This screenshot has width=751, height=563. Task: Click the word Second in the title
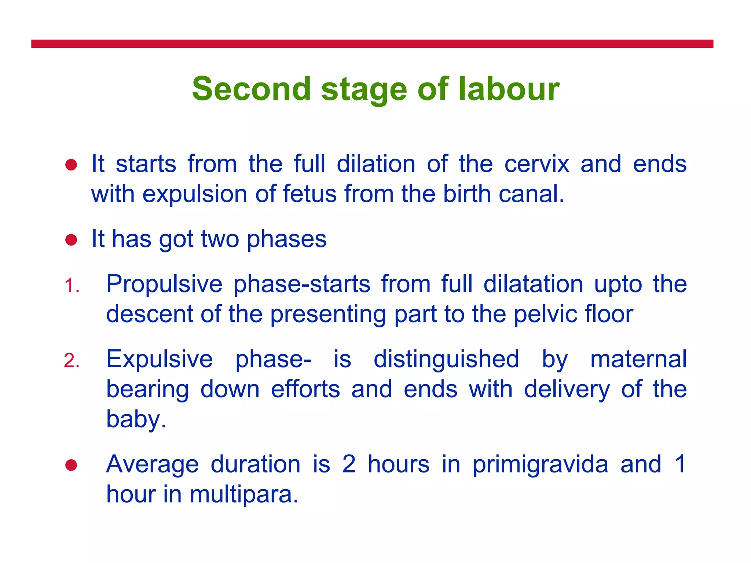point(252,89)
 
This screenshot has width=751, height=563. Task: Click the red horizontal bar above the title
point(372,44)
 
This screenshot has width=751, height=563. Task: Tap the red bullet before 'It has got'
point(71,240)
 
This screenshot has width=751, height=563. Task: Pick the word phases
point(286,240)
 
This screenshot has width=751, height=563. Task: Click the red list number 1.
point(72,286)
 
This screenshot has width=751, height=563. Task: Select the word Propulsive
point(164,284)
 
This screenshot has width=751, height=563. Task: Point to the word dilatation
point(533,284)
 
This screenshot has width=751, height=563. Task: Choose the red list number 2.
point(72,361)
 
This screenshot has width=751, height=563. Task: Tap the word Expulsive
point(160,359)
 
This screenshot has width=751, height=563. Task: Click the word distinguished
point(446,359)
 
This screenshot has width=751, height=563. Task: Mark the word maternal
point(638,359)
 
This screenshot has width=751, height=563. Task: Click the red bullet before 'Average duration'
point(71,465)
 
